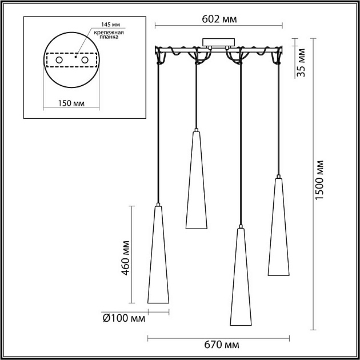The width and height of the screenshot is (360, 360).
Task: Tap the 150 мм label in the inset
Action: coord(71,103)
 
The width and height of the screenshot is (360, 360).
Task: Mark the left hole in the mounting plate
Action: coord(59,60)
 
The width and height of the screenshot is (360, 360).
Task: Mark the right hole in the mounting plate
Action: coord(85,60)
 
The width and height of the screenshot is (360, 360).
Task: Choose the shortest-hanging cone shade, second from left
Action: coord(196,183)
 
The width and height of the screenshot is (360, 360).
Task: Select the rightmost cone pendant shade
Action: coord(278,229)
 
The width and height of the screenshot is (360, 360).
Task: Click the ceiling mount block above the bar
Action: coord(218,43)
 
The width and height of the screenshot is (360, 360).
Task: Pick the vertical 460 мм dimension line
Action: coord(133,254)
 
